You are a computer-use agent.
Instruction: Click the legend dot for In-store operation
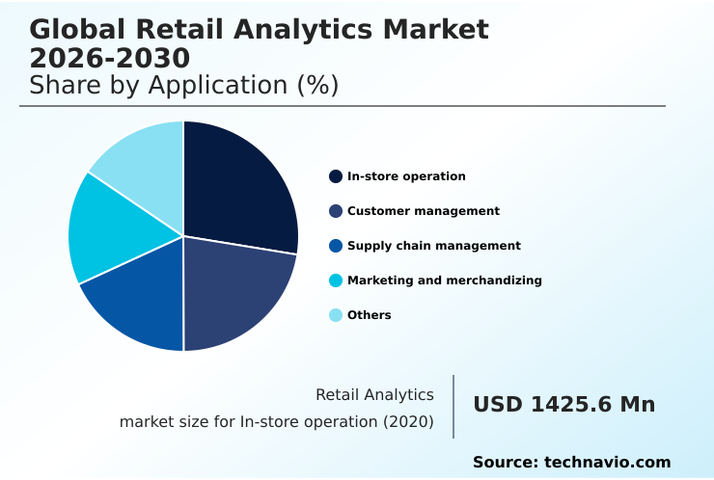pos(336,176)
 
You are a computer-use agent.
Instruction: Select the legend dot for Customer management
pos(336,211)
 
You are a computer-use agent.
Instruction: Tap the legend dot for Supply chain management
pos(336,246)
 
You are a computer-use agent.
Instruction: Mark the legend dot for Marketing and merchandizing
pos(336,280)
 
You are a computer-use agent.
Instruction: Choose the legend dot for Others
pos(336,315)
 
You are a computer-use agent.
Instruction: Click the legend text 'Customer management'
pos(424,211)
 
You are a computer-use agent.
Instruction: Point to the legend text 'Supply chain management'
pos(434,246)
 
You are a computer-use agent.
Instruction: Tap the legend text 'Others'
pos(370,315)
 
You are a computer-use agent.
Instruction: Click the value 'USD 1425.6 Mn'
pos(563,405)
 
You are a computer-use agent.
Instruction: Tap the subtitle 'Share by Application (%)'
pos(184,85)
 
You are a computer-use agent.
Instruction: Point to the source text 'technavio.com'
pos(607,463)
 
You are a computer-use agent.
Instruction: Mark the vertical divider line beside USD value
pos(453,406)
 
